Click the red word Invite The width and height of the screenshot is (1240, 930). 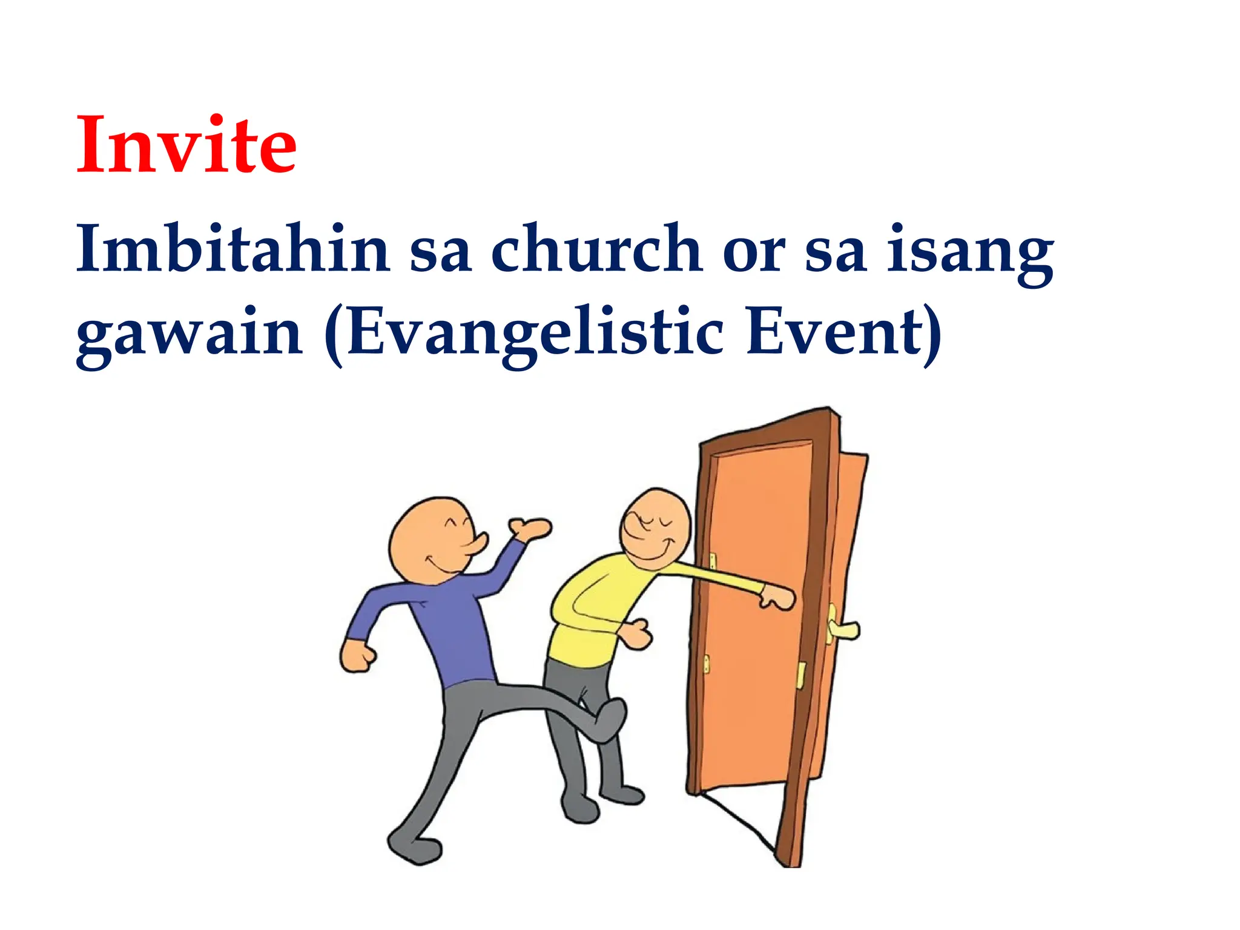(x=186, y=145)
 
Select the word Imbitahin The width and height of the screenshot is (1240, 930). (x=233, y=249)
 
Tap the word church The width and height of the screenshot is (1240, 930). (x=596, y=249)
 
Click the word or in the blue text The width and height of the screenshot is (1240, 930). (x=754, y=251)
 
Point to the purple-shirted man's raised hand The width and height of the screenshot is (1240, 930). (x=529, y=529)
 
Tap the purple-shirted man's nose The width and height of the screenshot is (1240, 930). (x=478, y=542)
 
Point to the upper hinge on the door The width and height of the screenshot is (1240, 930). (x=713, y=561)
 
